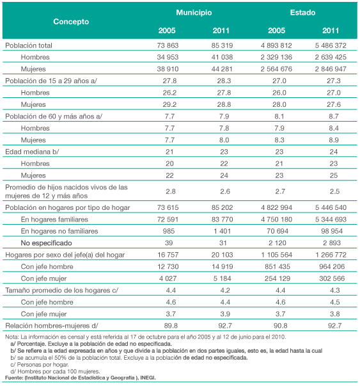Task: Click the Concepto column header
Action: pos(71,22)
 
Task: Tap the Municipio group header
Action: pos(194,13)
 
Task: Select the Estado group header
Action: pos(302,13)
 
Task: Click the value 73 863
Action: pos(168,45)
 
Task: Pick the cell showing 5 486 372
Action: pos(331,45)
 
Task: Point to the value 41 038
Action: pos(222,57)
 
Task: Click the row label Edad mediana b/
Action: pos(32,152)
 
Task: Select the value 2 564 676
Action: pos(276,69)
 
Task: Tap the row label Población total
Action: pos(29,45)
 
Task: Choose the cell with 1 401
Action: pos(222,231)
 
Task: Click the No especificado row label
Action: pos(46,243)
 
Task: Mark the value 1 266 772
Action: pos(331,255)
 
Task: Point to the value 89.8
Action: pos(171,326)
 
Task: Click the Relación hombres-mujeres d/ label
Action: pos(52,326)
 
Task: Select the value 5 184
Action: pos(222,278)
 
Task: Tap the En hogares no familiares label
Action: pos(59,231)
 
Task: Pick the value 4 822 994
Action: pos(276,207)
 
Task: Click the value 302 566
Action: pos(332,278)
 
